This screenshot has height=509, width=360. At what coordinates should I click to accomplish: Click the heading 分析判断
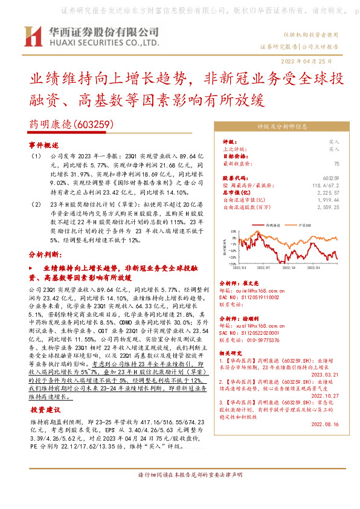(x=45, y=254)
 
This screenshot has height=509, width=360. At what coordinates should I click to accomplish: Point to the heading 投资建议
(x=44, y=409)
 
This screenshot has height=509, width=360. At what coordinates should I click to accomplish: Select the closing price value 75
(x=336, y=163)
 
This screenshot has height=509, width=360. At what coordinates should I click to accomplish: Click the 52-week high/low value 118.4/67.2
(x=327, y=185)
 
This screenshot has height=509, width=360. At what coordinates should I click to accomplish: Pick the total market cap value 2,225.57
(x=328, y=192)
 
